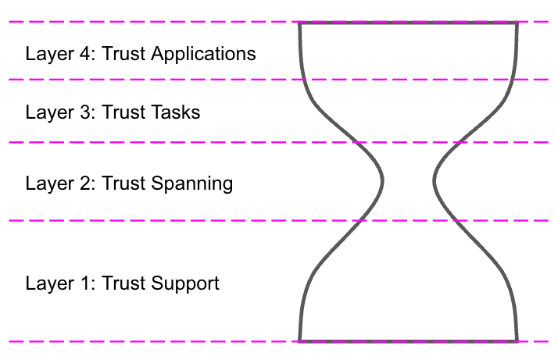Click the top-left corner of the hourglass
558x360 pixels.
pos(299,23)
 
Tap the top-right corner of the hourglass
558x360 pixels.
pos(517,23)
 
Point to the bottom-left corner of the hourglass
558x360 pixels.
pos(299,341)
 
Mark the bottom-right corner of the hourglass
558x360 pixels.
pos(517,341)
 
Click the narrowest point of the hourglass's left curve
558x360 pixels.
pos(382,182)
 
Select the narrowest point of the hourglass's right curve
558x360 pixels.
pos(435,182)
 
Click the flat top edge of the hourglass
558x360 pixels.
pos(408,23)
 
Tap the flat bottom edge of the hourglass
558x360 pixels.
pos(408,341)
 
